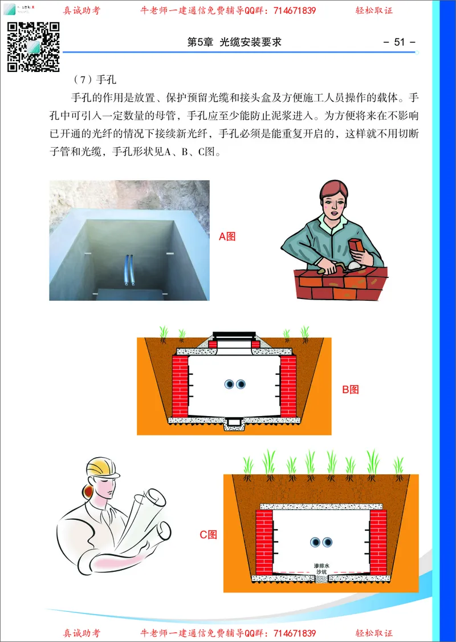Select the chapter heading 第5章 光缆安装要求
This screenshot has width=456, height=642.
(x=234, y=42)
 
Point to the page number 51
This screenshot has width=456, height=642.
(x=399, y=42)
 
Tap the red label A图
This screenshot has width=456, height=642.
(x=227, y=236)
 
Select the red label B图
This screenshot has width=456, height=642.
(x=350, y=390)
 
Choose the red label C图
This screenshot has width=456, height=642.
(x=209, y=535)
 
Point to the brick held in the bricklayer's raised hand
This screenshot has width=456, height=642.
(x=358, y=245)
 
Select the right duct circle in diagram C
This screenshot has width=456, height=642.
(x=327, y=542)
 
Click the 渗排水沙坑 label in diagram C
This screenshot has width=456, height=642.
(x=322, y=568)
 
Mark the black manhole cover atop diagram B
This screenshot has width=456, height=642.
(x=235, y=335)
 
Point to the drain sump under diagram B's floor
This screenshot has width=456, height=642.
(x=234, y=423)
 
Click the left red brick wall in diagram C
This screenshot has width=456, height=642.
(x=264, y=542)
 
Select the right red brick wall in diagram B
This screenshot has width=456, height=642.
(x=288, y=386)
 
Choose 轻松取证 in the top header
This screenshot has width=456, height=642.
(x=374, y=10)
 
